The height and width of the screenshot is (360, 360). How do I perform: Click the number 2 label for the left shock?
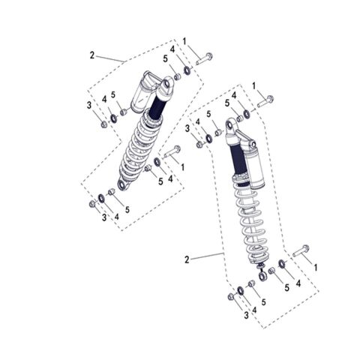point(92,55)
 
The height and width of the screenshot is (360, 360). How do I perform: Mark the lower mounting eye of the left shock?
point(123,184)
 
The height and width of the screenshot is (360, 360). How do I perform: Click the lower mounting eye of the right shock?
point(262,277)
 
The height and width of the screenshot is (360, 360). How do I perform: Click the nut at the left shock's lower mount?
point(91,202)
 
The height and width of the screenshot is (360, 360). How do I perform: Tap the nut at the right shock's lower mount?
point(229,298)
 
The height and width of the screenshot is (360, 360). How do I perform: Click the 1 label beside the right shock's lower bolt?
point(316,267)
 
